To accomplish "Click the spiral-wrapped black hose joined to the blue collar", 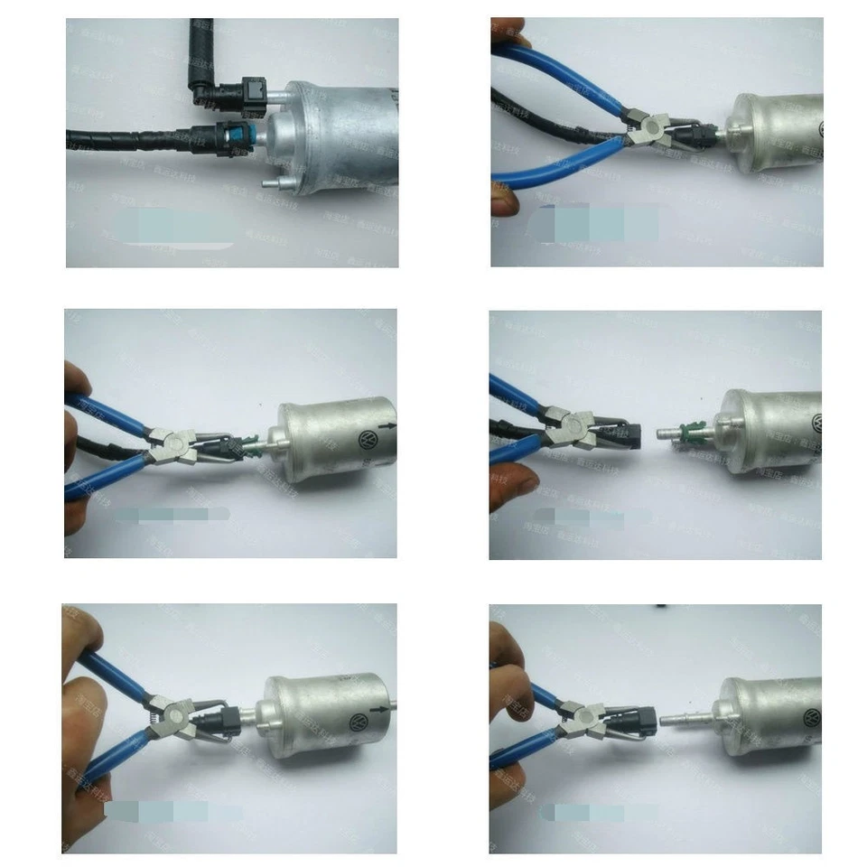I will pyautogui.click(x=126, y=140).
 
